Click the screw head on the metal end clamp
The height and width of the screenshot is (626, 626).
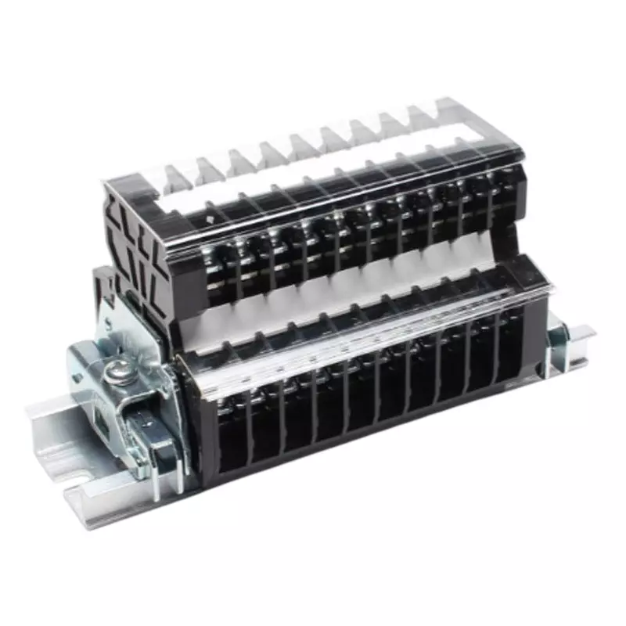click(118, 368)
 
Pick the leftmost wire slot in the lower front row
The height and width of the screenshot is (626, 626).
click(228, 438)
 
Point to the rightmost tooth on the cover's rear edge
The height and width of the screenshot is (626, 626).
click(450, 110)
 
